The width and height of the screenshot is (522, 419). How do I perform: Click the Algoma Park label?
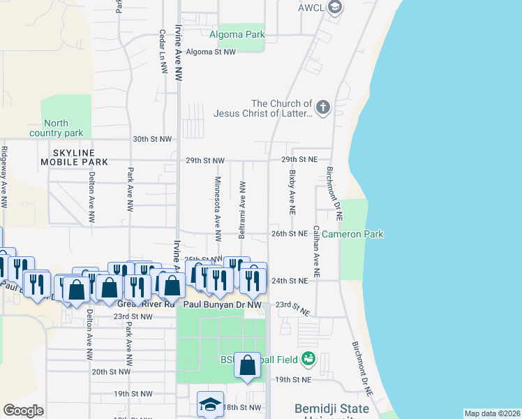pos(237,34)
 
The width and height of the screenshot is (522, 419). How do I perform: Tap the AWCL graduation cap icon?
pos(335,8)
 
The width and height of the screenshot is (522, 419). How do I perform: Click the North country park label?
pos(56,128)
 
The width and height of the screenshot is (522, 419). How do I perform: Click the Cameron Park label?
pos(352,234)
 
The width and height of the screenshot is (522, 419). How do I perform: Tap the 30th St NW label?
pos(152,139)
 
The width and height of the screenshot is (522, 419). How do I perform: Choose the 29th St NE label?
pos(299,160)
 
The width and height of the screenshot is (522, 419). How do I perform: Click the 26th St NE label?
pos(290,234)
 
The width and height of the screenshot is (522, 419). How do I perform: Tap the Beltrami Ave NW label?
pos(242,209)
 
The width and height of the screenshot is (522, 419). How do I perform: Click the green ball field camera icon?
pos(308,360)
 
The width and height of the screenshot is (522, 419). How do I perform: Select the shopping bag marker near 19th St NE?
pos(248,366)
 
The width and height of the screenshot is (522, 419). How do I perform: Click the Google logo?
pos(23,411)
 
